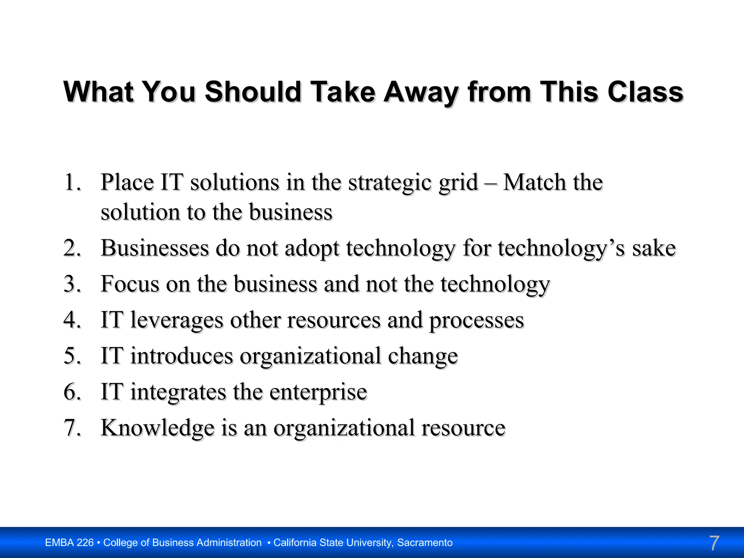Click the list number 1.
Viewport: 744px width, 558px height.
tap(72, 182)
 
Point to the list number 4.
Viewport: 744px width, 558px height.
tap(72, 320)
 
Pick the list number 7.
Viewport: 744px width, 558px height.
tap(72, 428)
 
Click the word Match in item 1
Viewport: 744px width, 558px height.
tap(534, 182)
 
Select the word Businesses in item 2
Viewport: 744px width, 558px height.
tap(155, 248)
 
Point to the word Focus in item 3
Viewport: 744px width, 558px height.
tap(130, 284)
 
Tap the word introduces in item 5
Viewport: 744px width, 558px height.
tap(182, 356)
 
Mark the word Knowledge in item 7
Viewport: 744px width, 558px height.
tap(157, 428)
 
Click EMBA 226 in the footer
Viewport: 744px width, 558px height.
tap(69, 543)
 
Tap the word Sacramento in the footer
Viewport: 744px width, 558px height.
tap(425, 543)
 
